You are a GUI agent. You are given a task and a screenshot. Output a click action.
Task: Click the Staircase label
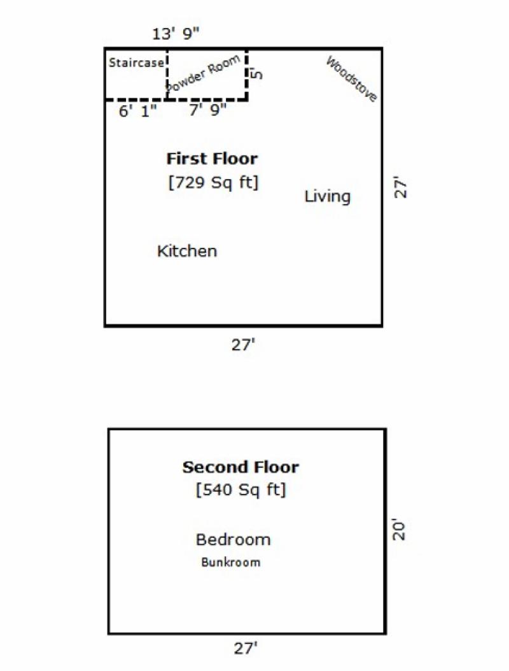[x=136, y=62]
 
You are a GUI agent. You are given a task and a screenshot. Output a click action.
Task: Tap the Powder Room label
[x=204, y=73]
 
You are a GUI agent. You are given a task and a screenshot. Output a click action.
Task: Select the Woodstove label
[x=352, y=79]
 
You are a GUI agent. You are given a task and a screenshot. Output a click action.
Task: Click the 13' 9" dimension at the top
[x=176, y=33]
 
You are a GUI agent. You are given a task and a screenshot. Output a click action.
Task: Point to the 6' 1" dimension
[x=137, y=112]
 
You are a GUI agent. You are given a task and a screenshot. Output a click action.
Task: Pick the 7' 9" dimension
[x=207, y=110]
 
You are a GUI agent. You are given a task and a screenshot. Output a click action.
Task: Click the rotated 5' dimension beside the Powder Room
[x=256, y=74]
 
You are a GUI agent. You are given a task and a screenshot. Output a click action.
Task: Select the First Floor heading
[x=212, y=159]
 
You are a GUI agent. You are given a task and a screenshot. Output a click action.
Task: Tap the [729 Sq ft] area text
[x=214, y=183]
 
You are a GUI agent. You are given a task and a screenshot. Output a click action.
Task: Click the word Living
[x=328, y=197]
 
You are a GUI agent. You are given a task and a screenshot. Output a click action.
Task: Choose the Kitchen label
[x=187, y=251]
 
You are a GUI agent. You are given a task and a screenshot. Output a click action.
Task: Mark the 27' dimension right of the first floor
[x=400, y=187]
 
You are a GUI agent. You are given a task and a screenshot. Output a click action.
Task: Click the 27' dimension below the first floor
[x=243, y=345]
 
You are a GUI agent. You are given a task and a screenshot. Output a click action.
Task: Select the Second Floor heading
[x=241, y=467]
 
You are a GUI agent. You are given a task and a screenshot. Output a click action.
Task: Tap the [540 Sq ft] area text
[x=241, y=489]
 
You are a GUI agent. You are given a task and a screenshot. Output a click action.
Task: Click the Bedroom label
[x=234, y=540]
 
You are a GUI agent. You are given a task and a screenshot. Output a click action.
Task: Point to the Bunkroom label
[x=231, y=562]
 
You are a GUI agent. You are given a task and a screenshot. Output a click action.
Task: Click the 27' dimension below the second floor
[x=246, y=648]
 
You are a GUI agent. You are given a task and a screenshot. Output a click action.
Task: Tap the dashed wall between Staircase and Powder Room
[x=167, y=75]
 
